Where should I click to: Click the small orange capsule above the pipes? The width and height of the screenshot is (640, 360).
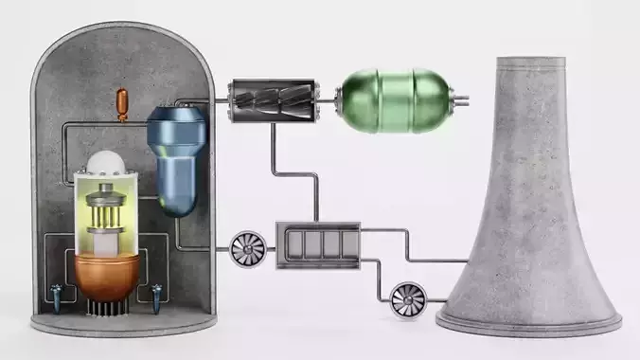[120, 101]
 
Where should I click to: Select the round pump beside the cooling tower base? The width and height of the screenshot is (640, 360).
[408, 298]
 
